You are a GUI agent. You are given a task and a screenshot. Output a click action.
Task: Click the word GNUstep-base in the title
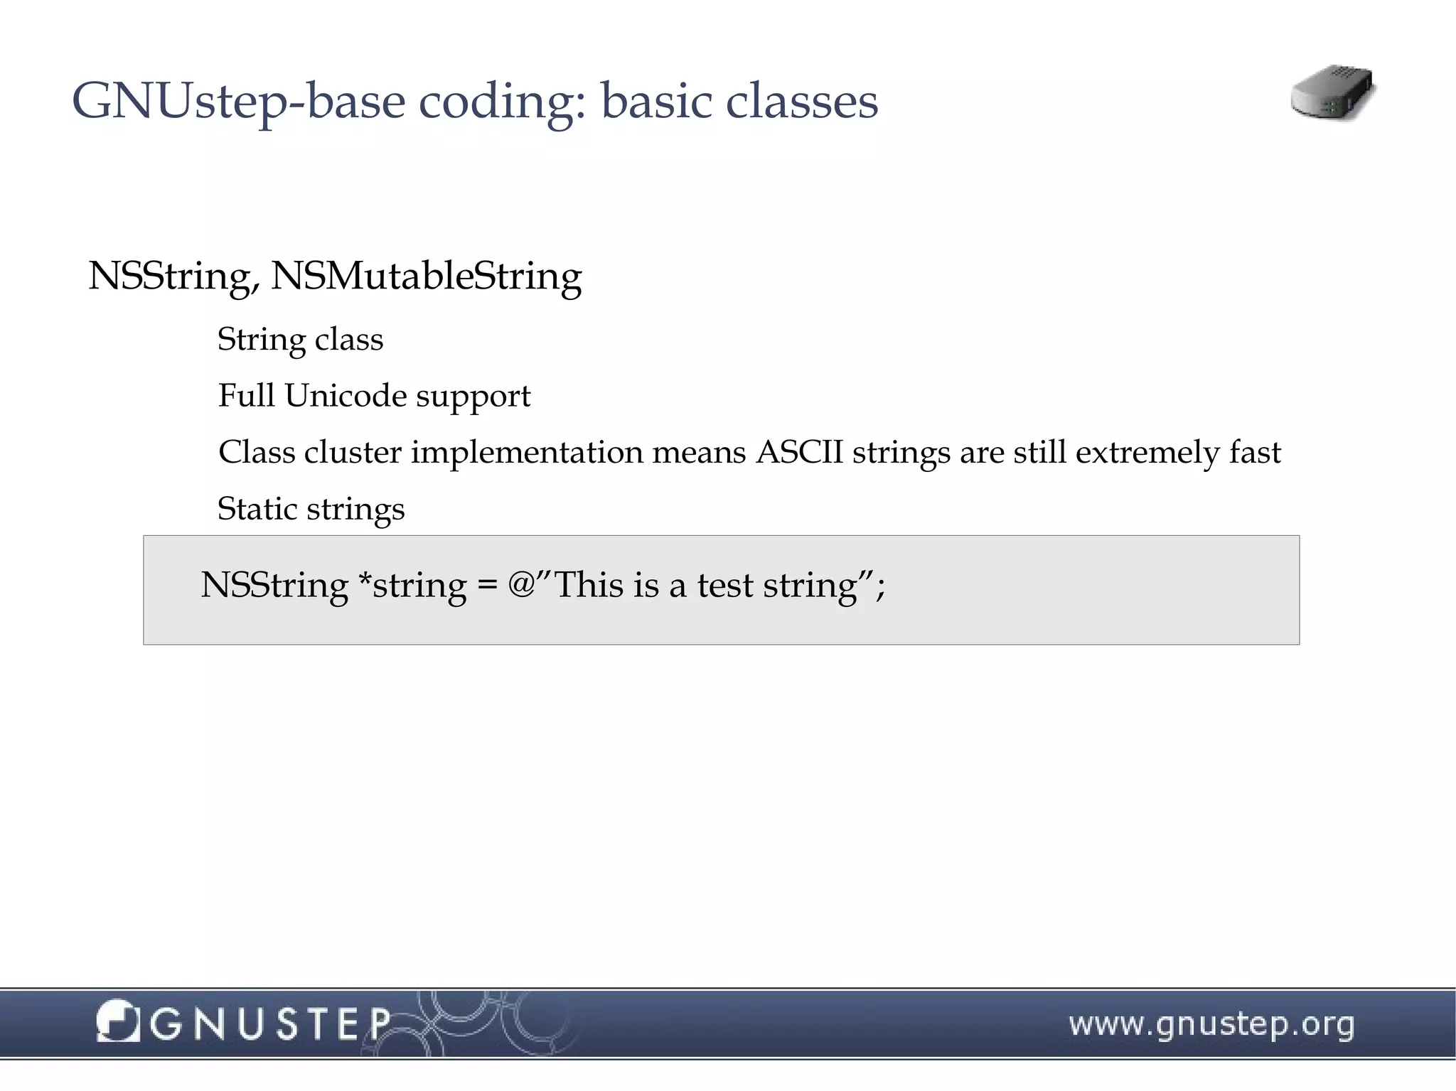pos(238,102)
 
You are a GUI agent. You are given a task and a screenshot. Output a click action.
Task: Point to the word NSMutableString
pos(426,276)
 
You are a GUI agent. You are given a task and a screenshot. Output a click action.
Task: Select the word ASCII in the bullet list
pos(799,452)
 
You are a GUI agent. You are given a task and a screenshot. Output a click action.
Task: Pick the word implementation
pos(527,453)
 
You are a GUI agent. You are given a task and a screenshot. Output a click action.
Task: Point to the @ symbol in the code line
pos(521,584)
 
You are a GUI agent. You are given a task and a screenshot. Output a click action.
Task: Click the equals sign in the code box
pos(487,586)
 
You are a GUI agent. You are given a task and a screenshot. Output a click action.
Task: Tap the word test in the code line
pos(724,586)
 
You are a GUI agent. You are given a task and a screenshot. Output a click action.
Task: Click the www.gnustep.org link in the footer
pos(1211,1024)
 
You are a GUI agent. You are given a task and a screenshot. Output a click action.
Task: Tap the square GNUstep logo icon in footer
pos(118,1021)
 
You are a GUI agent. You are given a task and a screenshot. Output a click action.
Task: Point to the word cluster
pos(353,452)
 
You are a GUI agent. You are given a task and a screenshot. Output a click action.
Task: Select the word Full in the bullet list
pos(246,395)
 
